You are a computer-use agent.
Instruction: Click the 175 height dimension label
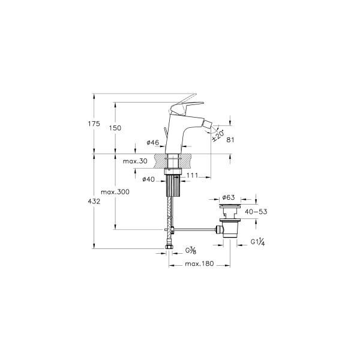tap(94, 124)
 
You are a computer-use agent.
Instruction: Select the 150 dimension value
tap(115, 128)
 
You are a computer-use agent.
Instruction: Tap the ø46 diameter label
tap(153, 143)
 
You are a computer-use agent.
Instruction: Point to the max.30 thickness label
tap(135, 161)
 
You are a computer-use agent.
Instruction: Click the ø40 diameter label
tap(149, 179)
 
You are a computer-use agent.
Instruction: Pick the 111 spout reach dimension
tap(192, 175)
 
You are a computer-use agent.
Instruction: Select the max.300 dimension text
tap(115, 192)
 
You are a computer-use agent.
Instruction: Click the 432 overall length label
tap(94, 202)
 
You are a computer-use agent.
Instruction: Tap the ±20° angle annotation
tap(218, 136)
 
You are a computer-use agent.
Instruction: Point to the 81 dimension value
tap(230, 140)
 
